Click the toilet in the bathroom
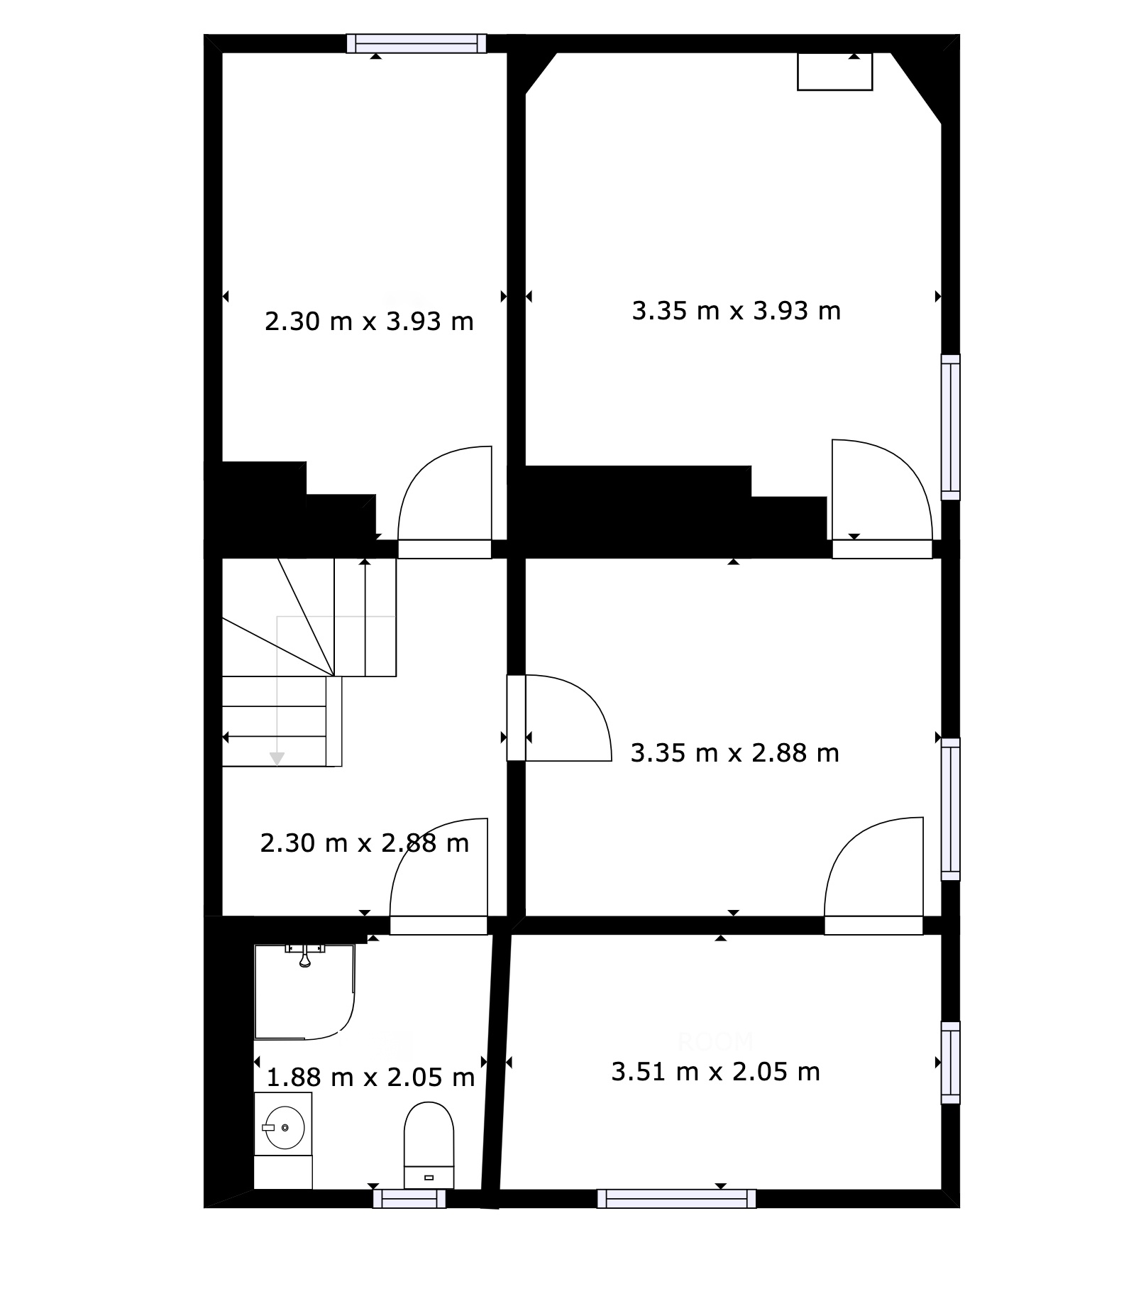coord(429,1144)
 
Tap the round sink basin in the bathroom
coord(284,1126)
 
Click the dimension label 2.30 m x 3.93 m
coord(369,322)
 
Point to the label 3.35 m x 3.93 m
coord(737,311)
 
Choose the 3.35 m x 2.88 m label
coord(735,752)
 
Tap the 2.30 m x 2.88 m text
coord(365,843)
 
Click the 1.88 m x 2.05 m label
coord(370,1078)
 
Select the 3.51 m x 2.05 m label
coord(716,1071)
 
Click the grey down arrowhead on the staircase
coord(277,759)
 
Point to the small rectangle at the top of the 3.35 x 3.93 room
coord(834,72)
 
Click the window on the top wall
coord(417,43)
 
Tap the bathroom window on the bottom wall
coord(409,1199)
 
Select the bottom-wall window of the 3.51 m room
coord(676,1199)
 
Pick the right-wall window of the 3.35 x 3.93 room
coord(951,427)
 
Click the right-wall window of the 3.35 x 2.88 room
coord(951,809)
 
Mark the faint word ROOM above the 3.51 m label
coord(715,1041)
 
